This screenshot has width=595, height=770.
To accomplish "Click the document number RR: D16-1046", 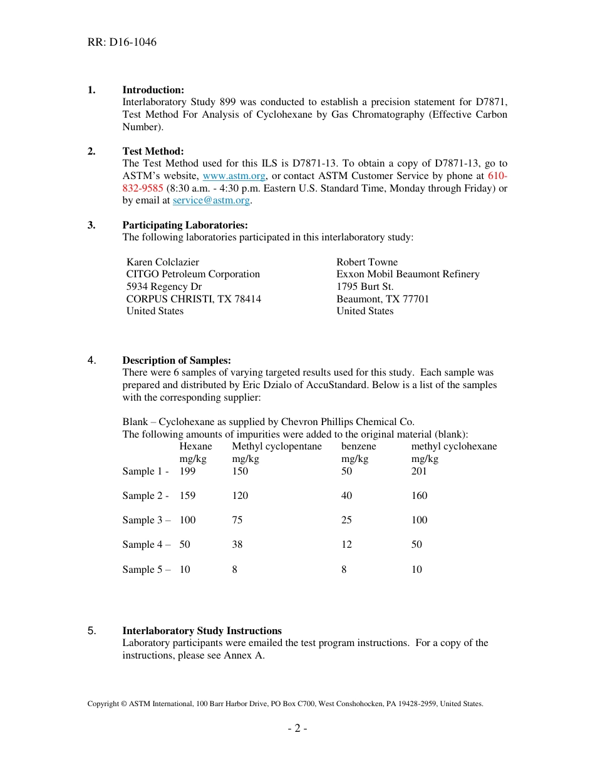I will click(x=122, y=43).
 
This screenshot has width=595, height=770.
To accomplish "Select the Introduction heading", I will click(x=153, y=90).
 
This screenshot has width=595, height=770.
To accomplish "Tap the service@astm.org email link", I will click(x=211, y=201).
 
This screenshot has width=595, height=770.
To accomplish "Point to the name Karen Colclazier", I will click(x=163, y=262).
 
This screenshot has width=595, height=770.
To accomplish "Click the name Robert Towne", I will click(x=367, y=262).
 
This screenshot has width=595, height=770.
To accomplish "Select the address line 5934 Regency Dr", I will click(x=163, y=287).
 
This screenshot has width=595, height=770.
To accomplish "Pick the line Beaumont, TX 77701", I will click(x=383, y=299).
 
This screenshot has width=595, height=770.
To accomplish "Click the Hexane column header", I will click(x=195, y=446).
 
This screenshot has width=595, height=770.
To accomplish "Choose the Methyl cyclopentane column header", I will click(x=277, y=446).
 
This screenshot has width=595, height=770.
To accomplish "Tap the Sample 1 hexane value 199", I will click(x=187, y=471).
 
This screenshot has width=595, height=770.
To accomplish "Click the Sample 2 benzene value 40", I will click(x=346, y=496).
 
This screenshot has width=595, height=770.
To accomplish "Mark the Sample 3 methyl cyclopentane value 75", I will click(x=237, y=520).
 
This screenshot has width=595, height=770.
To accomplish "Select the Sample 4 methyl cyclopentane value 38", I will click(x=237, y=545).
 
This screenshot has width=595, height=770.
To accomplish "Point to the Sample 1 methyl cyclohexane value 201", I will click(x=419, y=471).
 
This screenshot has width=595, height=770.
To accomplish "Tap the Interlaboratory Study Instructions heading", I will click(x=202, y=631).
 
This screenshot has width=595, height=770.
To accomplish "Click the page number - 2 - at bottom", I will click(x=297, y=729).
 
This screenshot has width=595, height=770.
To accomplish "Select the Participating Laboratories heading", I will click(x=185, y=225).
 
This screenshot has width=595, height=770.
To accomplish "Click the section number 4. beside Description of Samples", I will click(x=91, y=361).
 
